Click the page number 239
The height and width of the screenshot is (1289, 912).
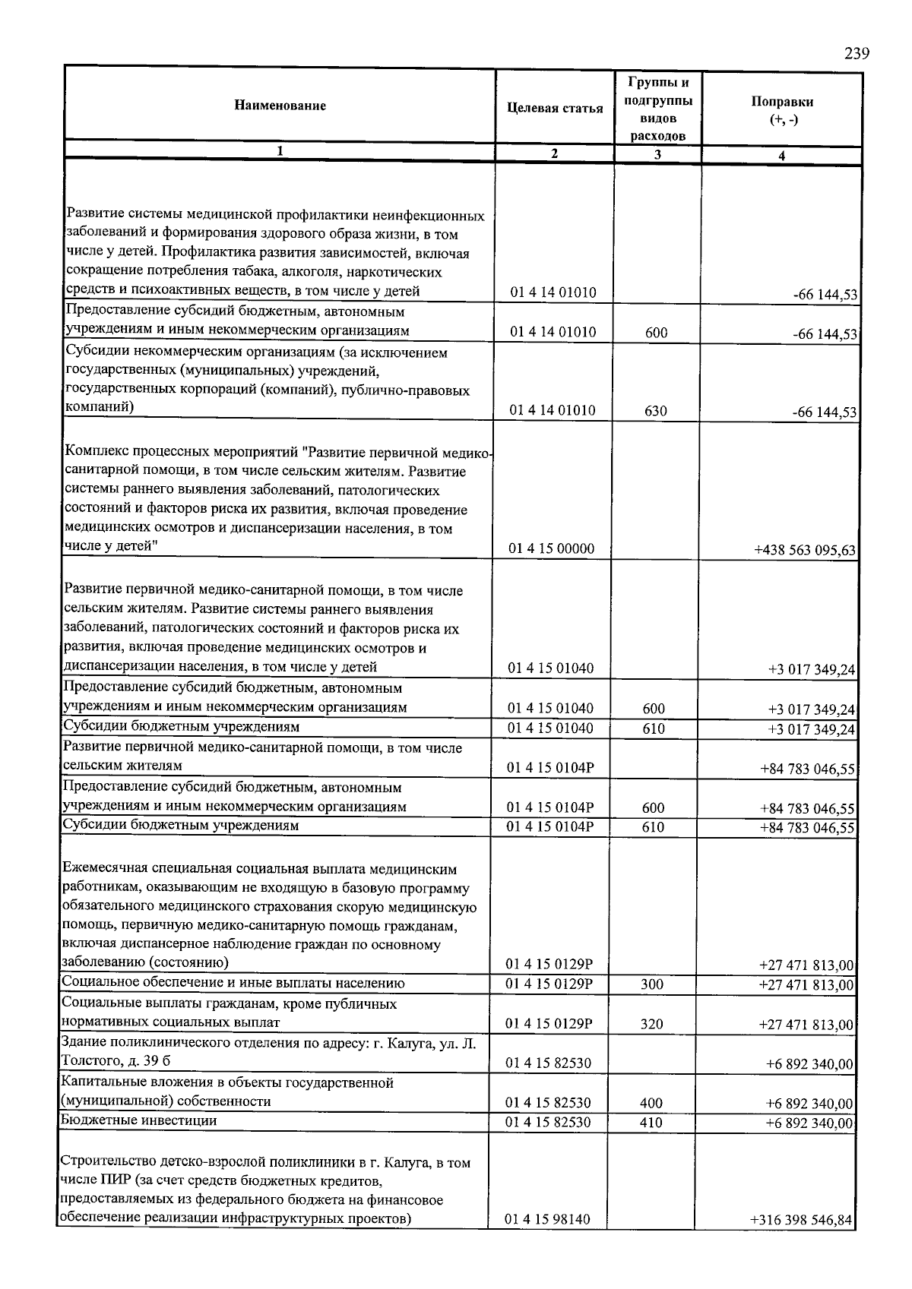click(x=857, y=53)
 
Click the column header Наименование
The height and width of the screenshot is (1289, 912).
click(x=280, y=106)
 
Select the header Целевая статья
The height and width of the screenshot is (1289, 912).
click(x=555, y=108)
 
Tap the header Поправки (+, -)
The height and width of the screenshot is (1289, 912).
click(x=782, y=111)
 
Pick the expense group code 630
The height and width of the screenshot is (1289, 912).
click(x=655, y=411)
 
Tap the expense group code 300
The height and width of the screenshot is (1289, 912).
click(x=652, y=984)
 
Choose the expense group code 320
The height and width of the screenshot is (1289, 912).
click(x=652, y=1024)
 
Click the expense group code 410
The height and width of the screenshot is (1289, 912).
click(x=651, y=1123)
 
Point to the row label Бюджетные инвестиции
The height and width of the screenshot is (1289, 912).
click(x=139, y=1120)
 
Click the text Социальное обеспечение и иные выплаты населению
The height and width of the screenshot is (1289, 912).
click(x=233, y=983)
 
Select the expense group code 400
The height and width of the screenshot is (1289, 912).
click(x=651, y=1103)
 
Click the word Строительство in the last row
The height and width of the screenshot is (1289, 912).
click(x=106, y=1163)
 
